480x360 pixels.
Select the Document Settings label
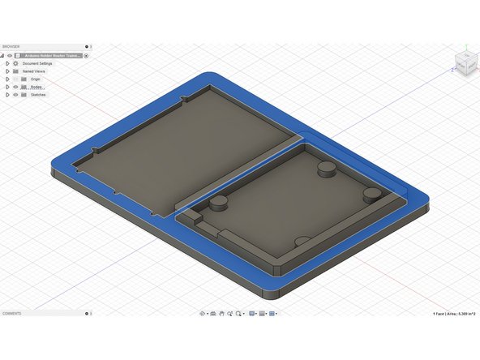[x=37, y=63]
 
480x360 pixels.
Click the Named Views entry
[x=34, y=71]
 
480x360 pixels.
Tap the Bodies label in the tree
[x=36, y=87]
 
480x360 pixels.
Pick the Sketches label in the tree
[x=38, y=95]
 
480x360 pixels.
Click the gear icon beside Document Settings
[x=15, y=63]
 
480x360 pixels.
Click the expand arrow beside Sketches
[x=6, y=95]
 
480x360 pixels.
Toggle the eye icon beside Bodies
[x=15, y=87]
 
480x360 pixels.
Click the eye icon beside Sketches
[x=15, y=95]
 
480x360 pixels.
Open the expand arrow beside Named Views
[x=6, y=71]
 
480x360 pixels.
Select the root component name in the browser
[x=54, y=55]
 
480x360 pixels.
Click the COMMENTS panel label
[x=11, y=313]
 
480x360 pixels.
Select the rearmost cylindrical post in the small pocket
[x=326, y=167]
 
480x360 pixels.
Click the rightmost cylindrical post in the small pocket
[x=372, y=195]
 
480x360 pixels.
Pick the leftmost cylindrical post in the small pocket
[x=218, y=204]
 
